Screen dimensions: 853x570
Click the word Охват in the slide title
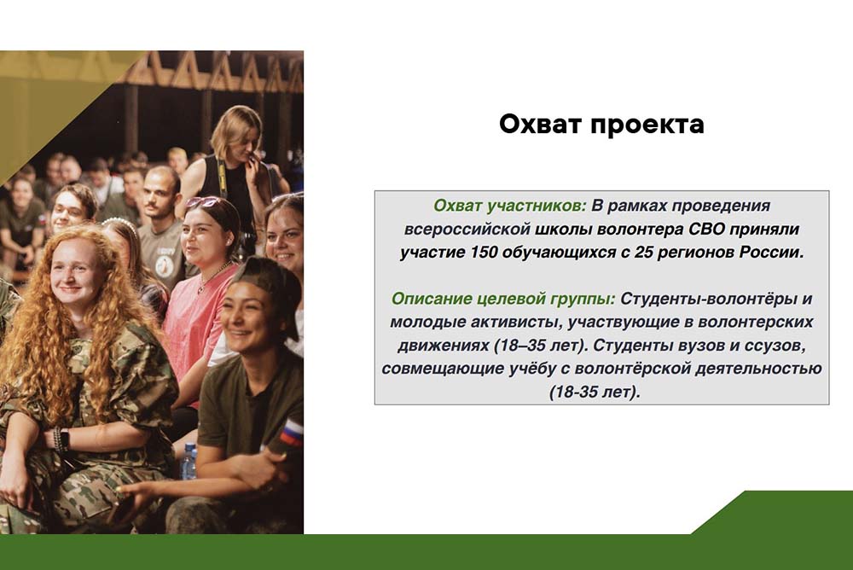540,124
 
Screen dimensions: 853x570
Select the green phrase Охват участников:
510,206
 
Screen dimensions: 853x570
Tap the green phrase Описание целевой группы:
503,299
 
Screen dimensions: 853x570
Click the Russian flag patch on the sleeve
292,433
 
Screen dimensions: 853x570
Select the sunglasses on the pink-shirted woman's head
203,202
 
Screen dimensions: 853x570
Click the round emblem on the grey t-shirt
165,266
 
